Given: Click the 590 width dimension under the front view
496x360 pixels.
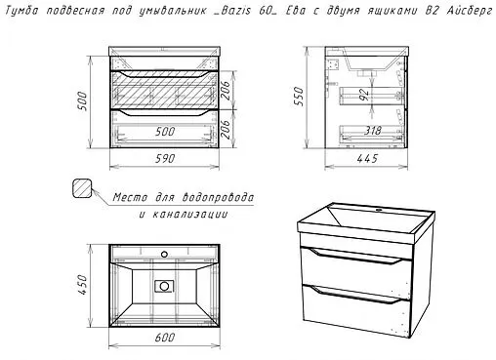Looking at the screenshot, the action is tap(165, 159).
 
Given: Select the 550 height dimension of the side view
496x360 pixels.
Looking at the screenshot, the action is tap(298, 96).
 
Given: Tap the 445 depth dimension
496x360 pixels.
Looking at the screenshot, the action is tap(367, 159).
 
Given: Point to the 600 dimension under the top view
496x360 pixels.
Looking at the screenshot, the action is tap(165, 338).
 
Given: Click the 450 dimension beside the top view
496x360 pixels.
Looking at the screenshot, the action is tap(82, 285).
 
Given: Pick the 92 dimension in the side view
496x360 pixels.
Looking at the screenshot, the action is tap(365, 95).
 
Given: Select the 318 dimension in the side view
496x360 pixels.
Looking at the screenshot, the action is tap(372, 131).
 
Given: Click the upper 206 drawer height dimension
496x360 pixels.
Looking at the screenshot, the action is tap(226, 90).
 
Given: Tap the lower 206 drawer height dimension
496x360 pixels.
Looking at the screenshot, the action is tap(226, 129).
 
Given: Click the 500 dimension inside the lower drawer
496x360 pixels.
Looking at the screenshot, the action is tap(165, 132).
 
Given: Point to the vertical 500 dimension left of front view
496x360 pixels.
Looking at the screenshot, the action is tap(82, 101).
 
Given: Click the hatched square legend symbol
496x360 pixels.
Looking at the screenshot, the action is tap(81, 188).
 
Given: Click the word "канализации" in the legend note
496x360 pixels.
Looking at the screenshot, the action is tap(190, 215).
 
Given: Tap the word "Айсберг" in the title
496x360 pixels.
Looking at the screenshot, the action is tap(469, 11).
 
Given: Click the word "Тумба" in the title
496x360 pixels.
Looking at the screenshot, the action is tap(21, 11).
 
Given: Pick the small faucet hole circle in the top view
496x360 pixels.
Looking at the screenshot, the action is tap(165, 254).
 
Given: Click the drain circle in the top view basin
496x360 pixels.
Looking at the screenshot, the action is tap(164, 286).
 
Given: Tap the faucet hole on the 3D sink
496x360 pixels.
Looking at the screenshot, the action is tap(379, 210).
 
